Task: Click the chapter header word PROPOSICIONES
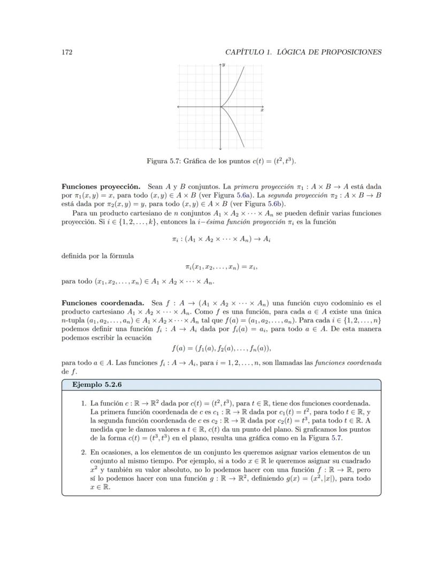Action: click(350, 52)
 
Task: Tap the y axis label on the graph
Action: click(224, 65)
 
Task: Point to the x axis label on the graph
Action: click(262, 110)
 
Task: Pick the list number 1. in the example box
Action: click(85, 403)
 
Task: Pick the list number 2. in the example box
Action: click(85, 453)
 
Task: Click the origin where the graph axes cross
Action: click(220, 107)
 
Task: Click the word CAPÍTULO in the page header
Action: click(245, 52)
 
